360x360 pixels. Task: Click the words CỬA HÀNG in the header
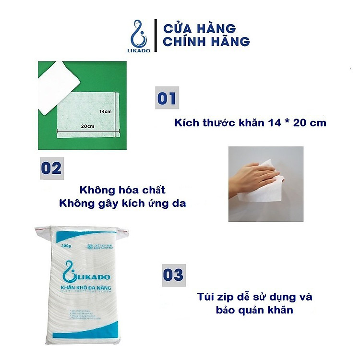tap(199, 27)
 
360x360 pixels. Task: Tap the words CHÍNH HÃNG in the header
tap(206, 42)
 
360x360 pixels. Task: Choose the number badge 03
tap(173, 275)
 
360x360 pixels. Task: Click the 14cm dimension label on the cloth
tap(106, 111)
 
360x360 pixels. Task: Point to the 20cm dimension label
tap(86, 127)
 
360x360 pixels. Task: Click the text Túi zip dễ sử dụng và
tap(255, 297)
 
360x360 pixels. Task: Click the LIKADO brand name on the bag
tap(91, 277)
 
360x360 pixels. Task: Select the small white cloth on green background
tap(58, 86)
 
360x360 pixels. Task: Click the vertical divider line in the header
tap(155, 34)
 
